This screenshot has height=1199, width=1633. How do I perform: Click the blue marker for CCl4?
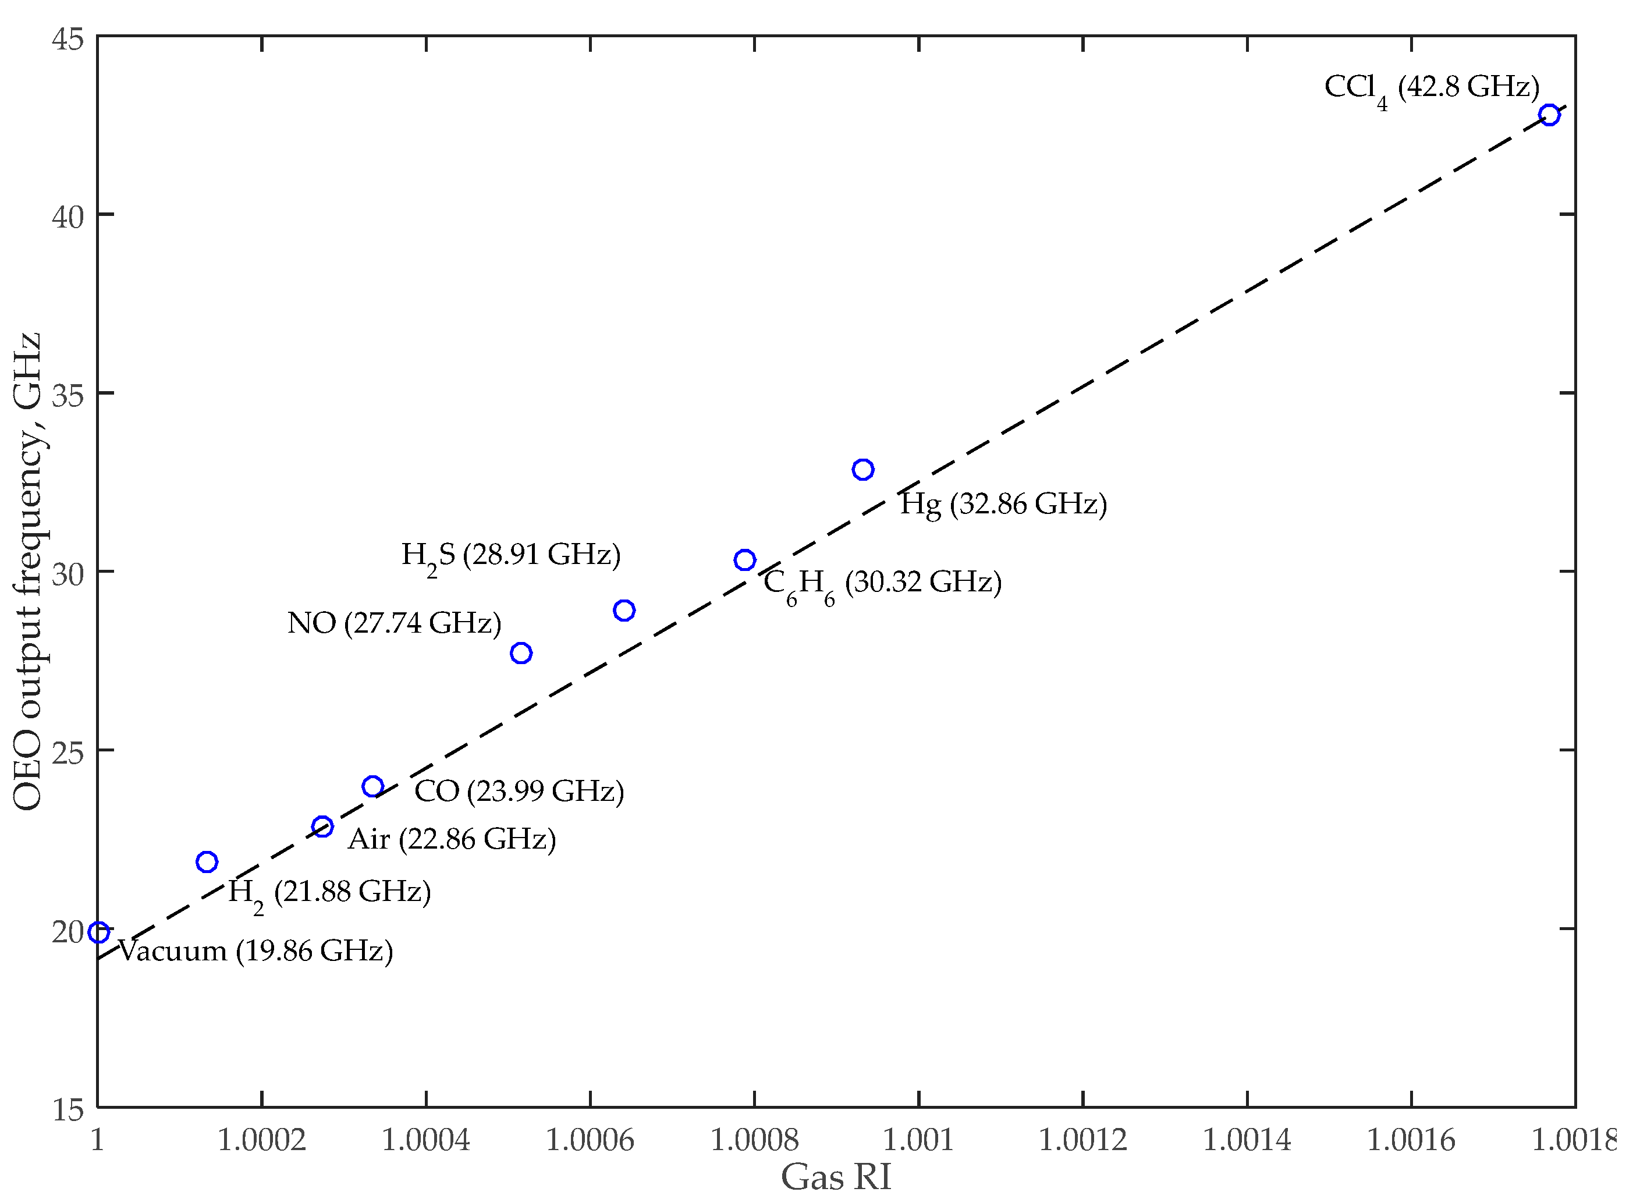[x=1549, y=115]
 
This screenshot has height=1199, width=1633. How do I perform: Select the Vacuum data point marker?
[x=99, y=932]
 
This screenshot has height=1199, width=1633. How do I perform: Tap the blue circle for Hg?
[x=862, y=470]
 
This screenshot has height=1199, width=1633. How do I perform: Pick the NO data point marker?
[x=520, y=653]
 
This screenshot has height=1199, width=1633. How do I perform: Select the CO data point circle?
[x=372, y=786]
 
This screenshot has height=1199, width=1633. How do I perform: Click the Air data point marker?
[x=322, y=826]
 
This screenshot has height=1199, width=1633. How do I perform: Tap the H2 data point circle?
[x=207, y=861]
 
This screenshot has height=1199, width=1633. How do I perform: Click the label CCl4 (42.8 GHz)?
[x=1431, y=88]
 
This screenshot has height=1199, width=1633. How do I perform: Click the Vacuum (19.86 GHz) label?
[x=255, y=951]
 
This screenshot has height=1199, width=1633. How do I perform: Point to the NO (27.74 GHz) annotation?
[x=394, y=623]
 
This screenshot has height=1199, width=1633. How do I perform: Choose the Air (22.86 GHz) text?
[x=452, y=840]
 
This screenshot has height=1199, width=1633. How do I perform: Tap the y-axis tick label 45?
[x=68, y=38]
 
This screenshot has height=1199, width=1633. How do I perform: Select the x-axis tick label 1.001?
[x=918, y=1141]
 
